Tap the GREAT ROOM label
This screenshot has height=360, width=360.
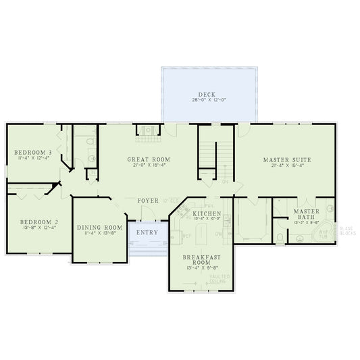coord(149,159)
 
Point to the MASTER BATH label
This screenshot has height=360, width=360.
coord(306,214)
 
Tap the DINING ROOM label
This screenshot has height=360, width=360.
coord(99,228)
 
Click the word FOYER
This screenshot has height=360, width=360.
coord(149,201)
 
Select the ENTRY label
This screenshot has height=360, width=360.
coord(147,232)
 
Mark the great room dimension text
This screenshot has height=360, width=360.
coord(149,165)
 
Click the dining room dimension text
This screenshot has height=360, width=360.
coord(99,234)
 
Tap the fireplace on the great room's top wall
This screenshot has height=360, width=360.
coord(145,130)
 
